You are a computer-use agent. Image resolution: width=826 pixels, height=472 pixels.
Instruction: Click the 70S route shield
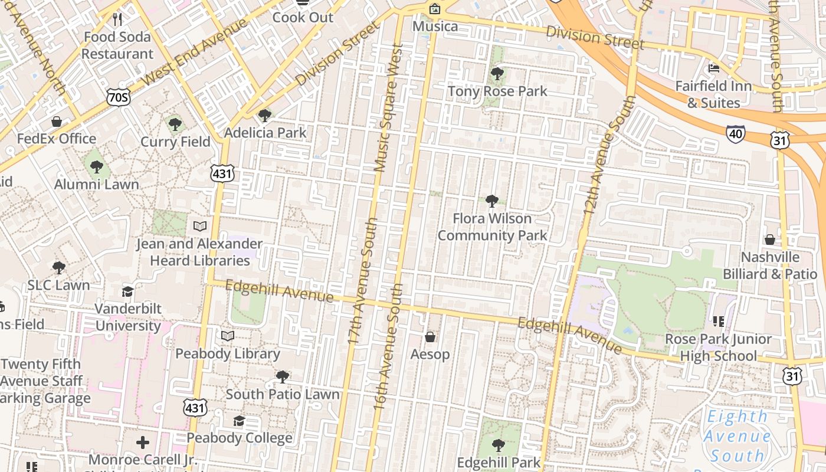[119, 97]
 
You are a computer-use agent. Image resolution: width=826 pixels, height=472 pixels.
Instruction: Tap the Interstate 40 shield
[735, 133]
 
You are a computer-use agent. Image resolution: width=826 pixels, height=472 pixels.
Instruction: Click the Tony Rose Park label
[497, 91]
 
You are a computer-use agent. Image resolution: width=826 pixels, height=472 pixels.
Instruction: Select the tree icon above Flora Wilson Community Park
[492, 201]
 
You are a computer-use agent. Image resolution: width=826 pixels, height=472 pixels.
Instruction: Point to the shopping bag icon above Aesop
[430, 337]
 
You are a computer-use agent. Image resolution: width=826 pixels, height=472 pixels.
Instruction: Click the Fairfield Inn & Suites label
[713, 94]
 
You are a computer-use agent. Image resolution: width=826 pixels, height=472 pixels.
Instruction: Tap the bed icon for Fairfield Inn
[713, 68]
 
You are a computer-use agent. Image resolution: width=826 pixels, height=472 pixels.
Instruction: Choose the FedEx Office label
[57, 139]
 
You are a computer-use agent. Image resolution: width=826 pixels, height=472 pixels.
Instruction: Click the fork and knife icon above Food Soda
[117, 19]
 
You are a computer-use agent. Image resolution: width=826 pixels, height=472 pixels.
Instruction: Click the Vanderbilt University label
[128, 317]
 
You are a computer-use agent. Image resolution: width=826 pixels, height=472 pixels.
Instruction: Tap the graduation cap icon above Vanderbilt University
[127, 291]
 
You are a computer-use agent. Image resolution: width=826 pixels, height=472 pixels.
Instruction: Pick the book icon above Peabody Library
[227, 336]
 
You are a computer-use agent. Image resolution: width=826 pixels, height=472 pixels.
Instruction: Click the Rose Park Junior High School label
[718, 348]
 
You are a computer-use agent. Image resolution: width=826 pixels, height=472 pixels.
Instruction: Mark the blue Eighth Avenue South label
[737, 436]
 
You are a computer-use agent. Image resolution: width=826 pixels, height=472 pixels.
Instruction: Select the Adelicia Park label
[265, 133]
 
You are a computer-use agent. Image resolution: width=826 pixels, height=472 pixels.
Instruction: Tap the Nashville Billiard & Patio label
[770, 265]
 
